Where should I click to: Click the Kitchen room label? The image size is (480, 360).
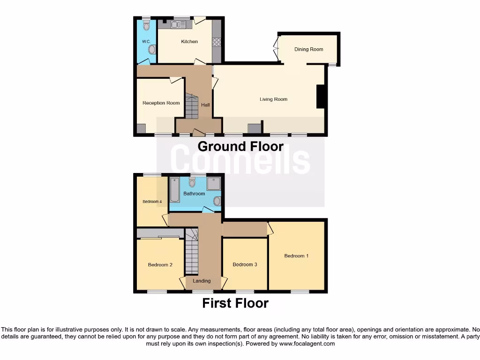[189, 42]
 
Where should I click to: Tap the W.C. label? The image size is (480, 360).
[145, 42]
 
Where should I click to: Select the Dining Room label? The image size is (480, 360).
[308, 49]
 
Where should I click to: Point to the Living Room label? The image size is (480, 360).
[273, 99]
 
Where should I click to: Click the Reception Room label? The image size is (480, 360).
[161, 103]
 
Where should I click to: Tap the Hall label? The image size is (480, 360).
[205, 105]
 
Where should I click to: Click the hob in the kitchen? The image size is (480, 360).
[217, 42]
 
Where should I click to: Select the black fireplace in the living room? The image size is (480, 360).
[321, 97]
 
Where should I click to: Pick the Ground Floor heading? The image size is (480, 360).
[240, 146]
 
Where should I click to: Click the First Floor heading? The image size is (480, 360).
[235, 303]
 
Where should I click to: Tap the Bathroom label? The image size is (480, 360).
[194, 194]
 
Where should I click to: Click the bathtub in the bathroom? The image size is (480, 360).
[175, 190]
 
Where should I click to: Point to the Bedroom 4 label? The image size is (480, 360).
[152, 202]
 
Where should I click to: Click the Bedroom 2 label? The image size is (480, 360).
[160, 265]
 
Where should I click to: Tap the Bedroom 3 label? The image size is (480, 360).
[245, 265]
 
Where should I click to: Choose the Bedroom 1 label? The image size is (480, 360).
[296, 256]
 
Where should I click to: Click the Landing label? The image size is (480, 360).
[202, 281]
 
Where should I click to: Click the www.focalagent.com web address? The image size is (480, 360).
[307, 344]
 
